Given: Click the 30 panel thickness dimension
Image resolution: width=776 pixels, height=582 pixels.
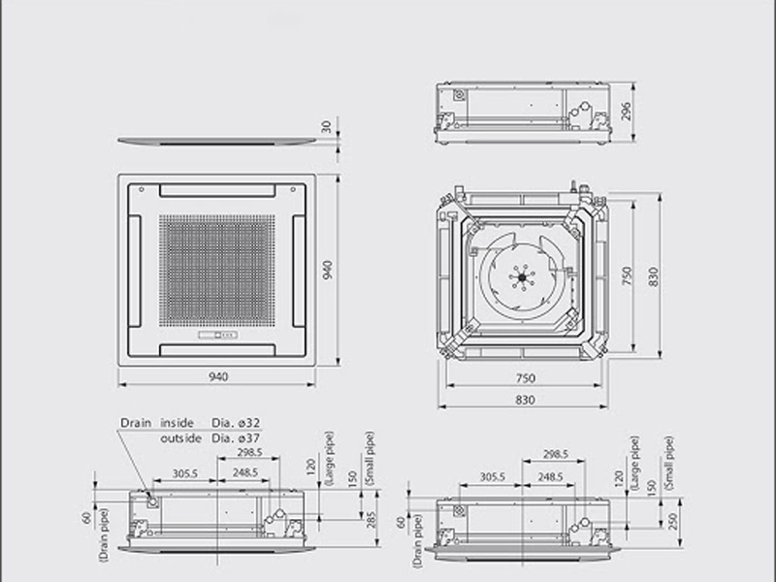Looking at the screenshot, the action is (x=326, y=127).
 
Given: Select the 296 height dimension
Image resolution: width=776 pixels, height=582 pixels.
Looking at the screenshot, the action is (x=626, y=112).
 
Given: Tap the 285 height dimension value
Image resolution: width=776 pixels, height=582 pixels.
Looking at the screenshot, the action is (x=372, y=520).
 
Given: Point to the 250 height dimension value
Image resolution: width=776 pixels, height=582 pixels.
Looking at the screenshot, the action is (x=671, y=522).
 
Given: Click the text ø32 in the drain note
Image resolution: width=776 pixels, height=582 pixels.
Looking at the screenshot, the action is (x=248, y=423).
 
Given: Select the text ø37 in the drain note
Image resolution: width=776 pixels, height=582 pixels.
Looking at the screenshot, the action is (x=248, y=438).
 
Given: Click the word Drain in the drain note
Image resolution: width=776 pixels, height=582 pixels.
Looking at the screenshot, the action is (x=136, y=423).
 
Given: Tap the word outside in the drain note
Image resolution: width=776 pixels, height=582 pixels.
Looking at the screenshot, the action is (x=180, y=438).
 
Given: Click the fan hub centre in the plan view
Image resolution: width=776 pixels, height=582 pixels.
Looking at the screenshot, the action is (x=522, y=277).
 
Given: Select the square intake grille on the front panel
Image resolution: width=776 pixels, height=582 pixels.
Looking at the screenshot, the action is (x=216, y=271).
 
